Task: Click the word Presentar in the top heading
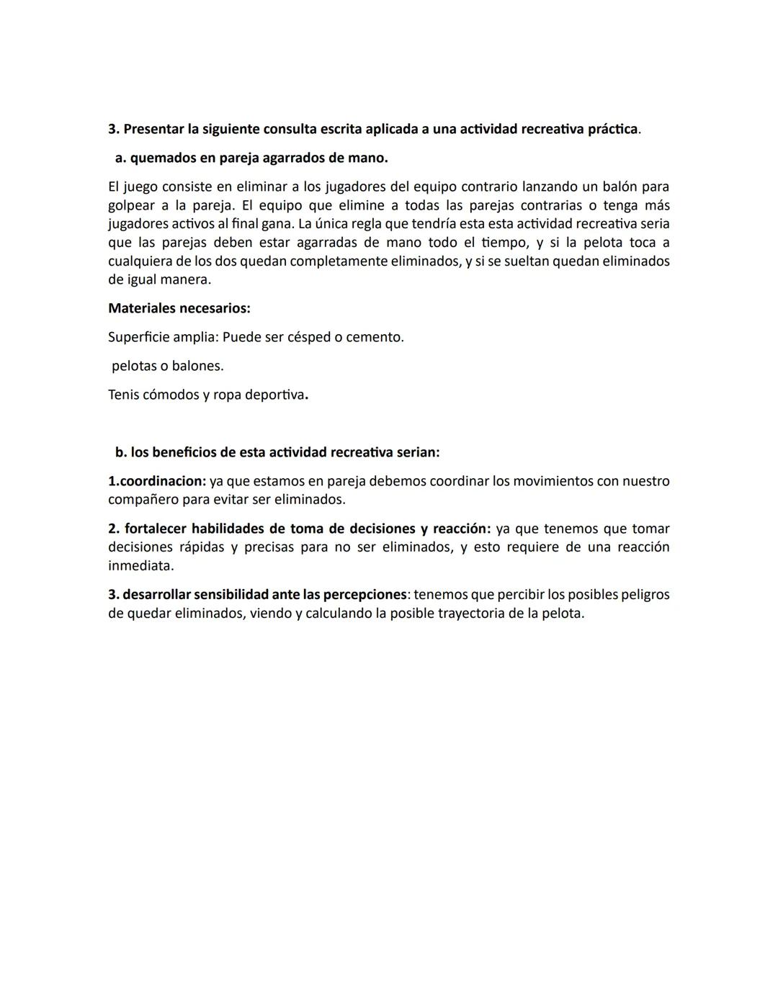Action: click(153, 129)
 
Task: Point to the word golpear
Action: click(133, 205)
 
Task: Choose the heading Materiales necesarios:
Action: click(179, 308)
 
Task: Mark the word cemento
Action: click(374, 337)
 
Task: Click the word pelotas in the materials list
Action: click(134, 366)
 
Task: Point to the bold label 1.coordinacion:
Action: click(157, 481)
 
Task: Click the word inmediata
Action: click(140, 565)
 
